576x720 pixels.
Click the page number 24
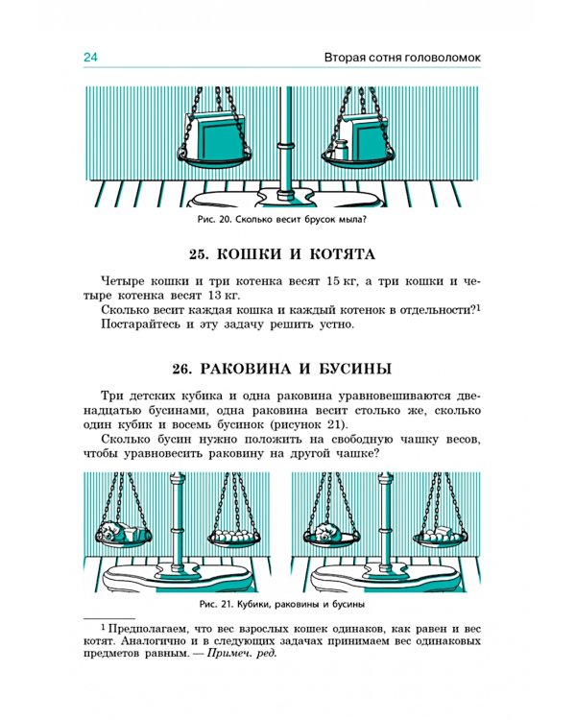coord(91,59)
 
